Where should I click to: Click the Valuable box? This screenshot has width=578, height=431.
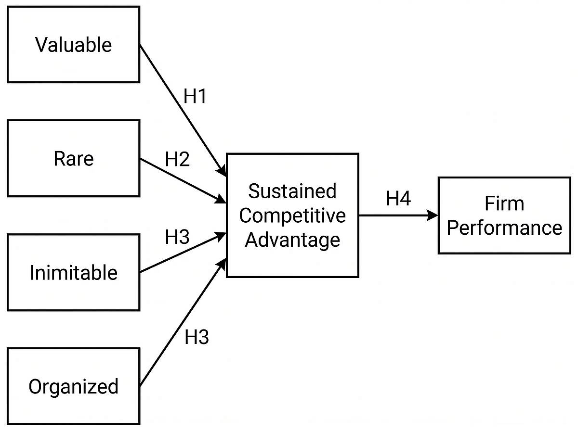point(73,44)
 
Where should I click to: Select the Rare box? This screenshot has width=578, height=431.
point(73,158)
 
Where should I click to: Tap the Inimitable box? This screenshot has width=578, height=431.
point(73,272)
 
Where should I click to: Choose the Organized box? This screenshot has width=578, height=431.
point(73,386)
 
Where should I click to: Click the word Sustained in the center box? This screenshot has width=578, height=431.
point(292,191)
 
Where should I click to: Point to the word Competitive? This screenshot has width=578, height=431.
point(292,215)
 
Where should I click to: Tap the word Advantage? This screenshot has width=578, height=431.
point(292,239)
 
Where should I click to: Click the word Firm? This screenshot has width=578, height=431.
point(504,203)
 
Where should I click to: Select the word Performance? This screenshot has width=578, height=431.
point(504,228)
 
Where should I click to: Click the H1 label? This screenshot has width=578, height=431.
point(195,97)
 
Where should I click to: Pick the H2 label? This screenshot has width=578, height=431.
point(177,159)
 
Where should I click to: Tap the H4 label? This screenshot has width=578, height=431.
point(398,198)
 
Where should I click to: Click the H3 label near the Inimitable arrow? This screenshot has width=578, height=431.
point(177,237)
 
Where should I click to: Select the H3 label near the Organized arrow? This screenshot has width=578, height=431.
point(197,338)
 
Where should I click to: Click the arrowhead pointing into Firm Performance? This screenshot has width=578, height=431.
point(433,215)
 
